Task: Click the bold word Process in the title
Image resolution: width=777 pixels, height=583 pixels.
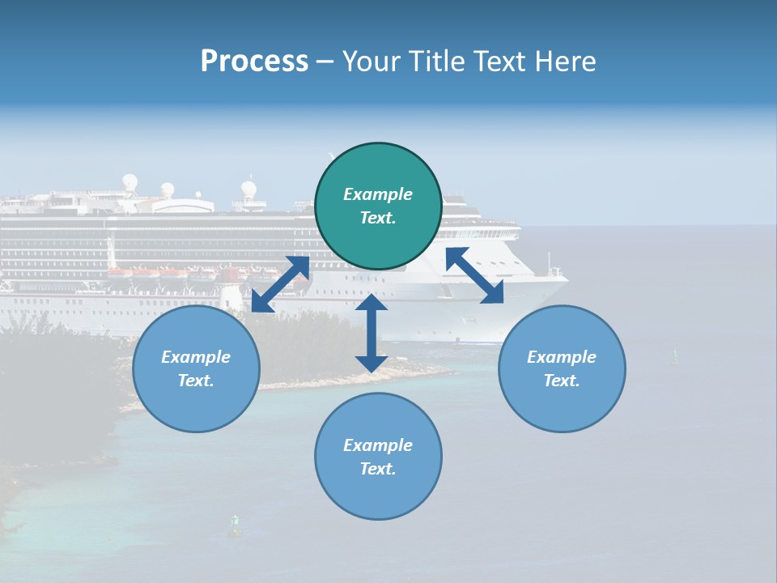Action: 254,62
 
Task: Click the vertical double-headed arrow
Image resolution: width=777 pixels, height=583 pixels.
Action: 371,333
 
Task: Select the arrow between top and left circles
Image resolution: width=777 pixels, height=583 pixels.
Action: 281,284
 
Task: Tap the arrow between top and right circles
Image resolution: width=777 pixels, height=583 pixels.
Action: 475,275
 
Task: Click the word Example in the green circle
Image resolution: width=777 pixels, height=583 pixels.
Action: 378,194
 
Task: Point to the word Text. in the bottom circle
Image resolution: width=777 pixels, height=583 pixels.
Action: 378,469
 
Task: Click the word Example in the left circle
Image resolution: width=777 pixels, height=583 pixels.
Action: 196,357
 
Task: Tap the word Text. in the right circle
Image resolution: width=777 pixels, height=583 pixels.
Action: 562,381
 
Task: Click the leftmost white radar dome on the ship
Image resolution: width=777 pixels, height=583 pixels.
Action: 129,181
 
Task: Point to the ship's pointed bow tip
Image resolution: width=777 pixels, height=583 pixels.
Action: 566,279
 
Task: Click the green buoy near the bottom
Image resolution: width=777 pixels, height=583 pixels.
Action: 236,527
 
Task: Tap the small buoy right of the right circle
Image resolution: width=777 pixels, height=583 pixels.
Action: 676,355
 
